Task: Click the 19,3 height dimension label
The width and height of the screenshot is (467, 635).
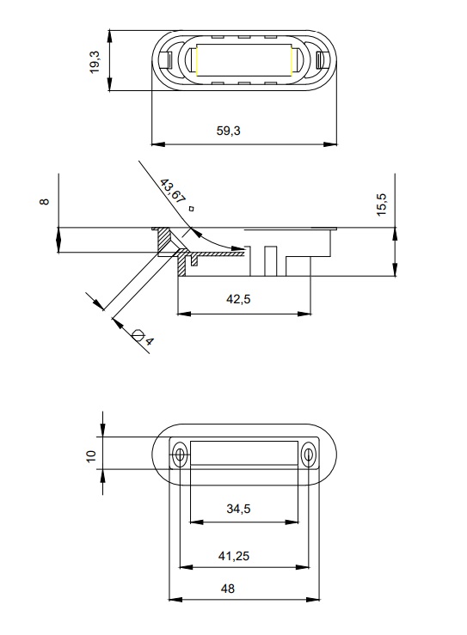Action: [95, 62]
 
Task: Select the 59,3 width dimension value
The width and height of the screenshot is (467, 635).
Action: [228, 131]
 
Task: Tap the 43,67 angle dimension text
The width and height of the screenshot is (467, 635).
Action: [172, 191]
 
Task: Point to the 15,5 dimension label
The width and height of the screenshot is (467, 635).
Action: [382, 205]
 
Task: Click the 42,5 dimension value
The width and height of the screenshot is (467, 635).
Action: [238, 299]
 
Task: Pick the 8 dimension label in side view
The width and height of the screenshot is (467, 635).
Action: [44, 201]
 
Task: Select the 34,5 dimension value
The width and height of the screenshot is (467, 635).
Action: [238, 509]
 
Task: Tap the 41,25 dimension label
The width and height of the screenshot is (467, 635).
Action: [234, 556]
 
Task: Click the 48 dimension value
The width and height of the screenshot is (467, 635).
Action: [228, 589]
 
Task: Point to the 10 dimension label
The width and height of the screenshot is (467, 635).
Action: [91, 455]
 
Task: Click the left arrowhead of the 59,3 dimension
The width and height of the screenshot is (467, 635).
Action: [157, 143]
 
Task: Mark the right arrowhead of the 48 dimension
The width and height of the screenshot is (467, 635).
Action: [313, 600]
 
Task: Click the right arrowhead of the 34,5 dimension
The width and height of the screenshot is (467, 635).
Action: [292, 522]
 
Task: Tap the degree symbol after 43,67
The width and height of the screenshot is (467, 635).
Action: [192, 209]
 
